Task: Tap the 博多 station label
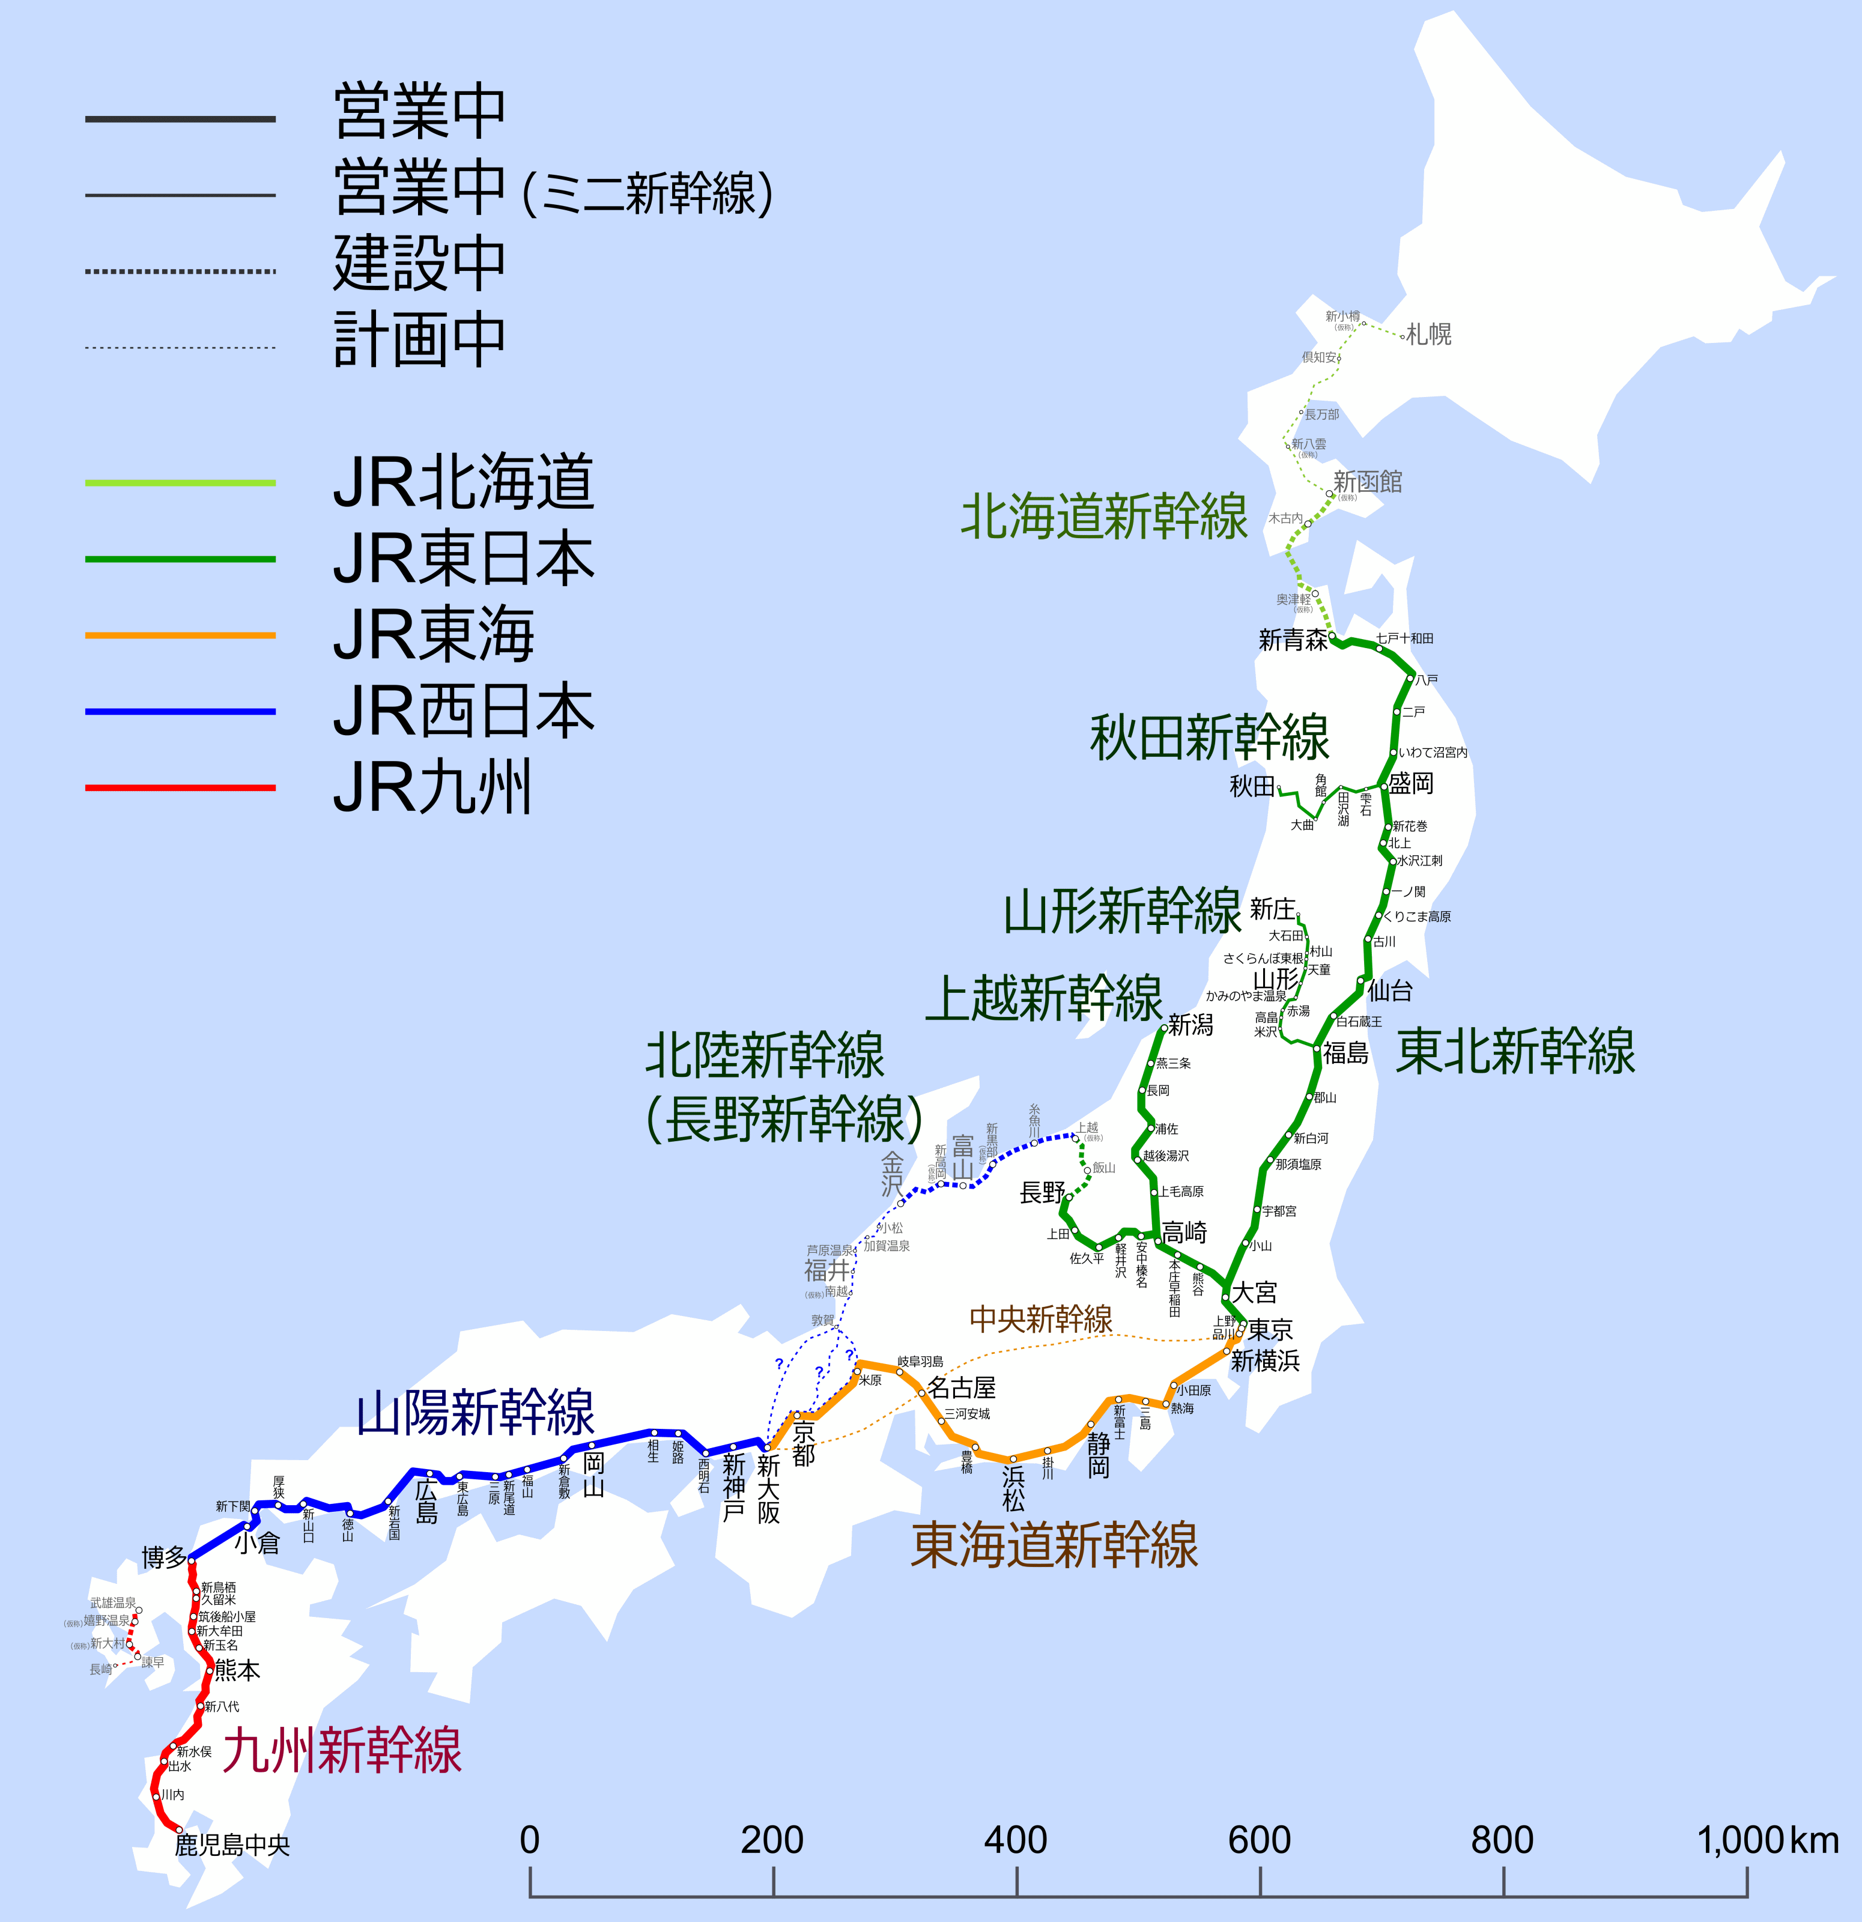pyautogui.click(x=164, y=1557)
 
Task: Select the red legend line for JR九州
pyautogui.click(x=180, y=787)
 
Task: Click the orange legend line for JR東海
pyautogui.click(x=180, y=635)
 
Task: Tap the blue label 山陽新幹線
pyautogui.click(x=476, y=1413)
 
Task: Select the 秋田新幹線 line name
pyautogui.click(x=1209, y=738)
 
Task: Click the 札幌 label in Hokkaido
pyautogui.click(x=1428, y=335)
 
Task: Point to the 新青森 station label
pyautogui.click(x=1293, y=640)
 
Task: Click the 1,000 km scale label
pyautogui.click(x=1767, y=1840)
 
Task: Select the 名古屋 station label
pyautogui.click(x=961, y=1387)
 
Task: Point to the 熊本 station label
pyautogui.click(x=237, y=1670)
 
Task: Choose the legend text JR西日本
pyautogui.click(x=463, y=712)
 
